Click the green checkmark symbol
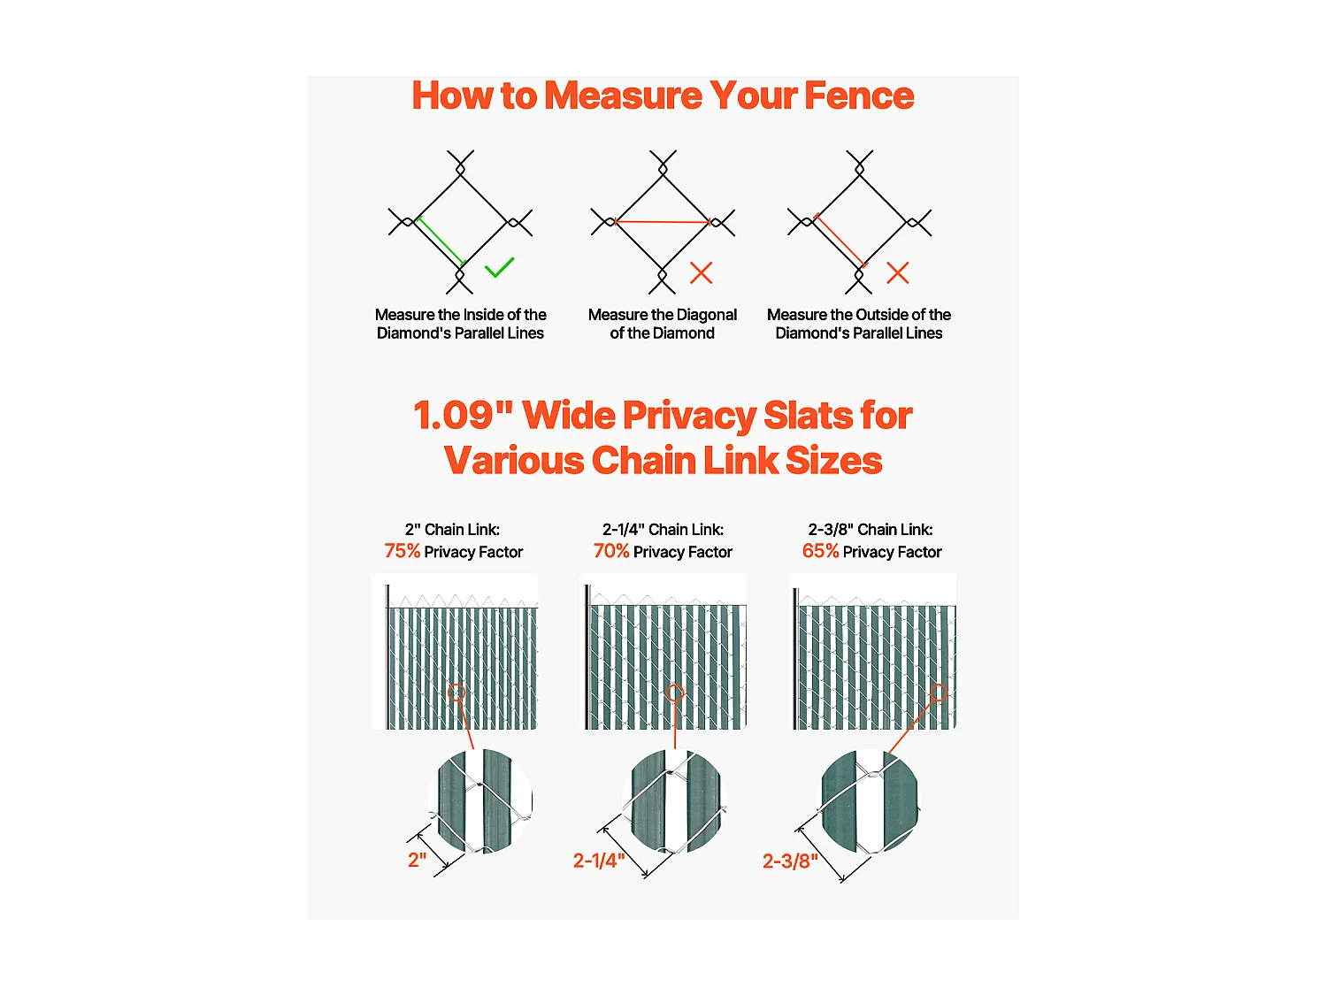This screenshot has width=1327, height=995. point(500,267)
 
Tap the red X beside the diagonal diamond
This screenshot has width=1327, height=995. point(701,272)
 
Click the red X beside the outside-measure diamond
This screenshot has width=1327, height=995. point(898,272)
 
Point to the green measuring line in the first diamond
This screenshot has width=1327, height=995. point(440,241)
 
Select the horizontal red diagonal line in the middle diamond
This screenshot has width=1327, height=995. point(663,222)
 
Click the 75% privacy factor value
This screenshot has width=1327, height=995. point(403,551)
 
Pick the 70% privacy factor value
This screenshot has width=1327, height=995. point(611,551)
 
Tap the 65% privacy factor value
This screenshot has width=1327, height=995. point(820,551)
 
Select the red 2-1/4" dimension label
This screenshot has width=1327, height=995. point(599,861)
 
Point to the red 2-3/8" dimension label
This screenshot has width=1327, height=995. point(790,861)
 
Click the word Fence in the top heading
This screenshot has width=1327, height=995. point(858,96)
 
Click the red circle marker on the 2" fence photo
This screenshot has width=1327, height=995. point(456,693)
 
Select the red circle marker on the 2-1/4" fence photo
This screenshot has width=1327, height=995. point(675,693)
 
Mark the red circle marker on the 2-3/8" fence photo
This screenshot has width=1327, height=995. point(939,693)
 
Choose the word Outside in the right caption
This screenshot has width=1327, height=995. point(878,315)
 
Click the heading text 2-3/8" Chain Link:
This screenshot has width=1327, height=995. point(871,530)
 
